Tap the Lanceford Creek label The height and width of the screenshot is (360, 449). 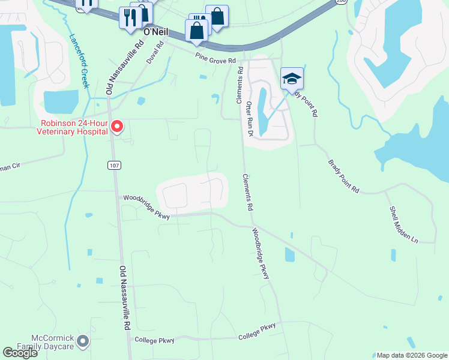tap(79, 61)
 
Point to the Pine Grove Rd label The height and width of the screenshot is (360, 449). tap(214, 57)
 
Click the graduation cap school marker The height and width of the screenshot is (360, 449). tap(292, 79)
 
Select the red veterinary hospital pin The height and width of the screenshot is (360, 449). tap(117, 127)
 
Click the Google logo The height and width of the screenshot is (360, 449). tap(20, 353)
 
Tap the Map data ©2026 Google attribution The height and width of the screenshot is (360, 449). tap(411, 355)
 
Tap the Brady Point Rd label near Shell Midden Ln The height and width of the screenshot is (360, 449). tap(343, 176)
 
